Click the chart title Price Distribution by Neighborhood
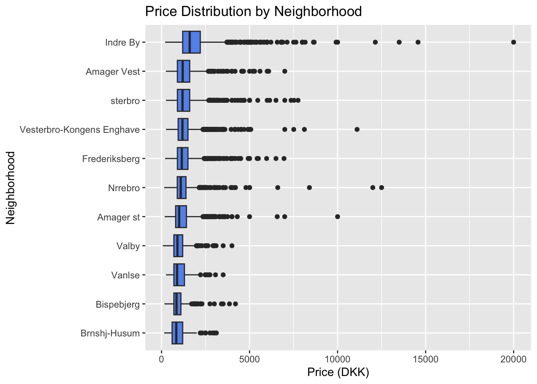pos(253,11)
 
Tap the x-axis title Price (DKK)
pos(338,372)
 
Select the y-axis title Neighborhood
pos(10,188)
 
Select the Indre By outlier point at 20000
pos(514,42)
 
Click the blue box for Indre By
pos(191,42)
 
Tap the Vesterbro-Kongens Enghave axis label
pos(80,130)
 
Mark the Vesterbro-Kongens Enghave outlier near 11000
pos(357,129)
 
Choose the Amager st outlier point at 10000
pos(337,216)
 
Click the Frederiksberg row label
pos(111,159)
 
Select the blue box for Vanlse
pos(179,275)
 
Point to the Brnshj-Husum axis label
pos(110,333)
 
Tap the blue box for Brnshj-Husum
pos(177,333)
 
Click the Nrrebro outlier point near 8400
pos(309,187)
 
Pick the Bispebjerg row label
pos(118,304)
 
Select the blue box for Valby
pos(178,246)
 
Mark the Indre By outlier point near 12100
pos(375,42)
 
